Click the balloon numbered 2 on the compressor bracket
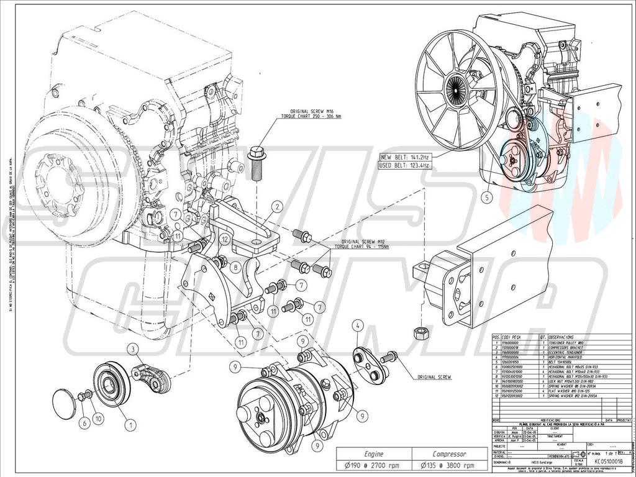(277, 206)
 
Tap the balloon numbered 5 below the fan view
(488, 199)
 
